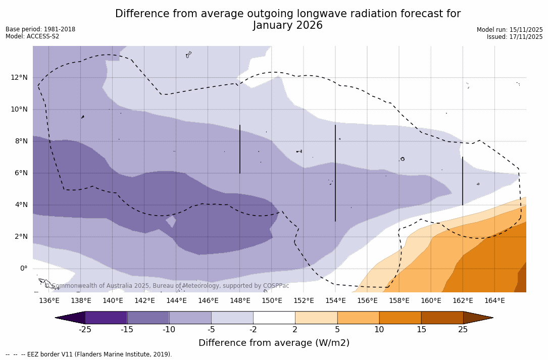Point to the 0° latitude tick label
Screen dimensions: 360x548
pyautogui.click(x=23, y=269)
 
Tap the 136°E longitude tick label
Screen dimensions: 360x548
pyautogui.click(x=49, y=301)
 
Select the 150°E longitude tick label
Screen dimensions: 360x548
pyautogui.click(x=272, y=301)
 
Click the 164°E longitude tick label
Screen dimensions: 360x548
pyautogui.click(x=494, y=301)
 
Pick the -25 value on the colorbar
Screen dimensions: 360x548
pyautogui.click(x=85, y=330)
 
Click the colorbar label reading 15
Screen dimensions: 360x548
pyautogui.click(x=421, y=330)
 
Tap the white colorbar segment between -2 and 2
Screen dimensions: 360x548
pyautogui.click(x=274, y=318)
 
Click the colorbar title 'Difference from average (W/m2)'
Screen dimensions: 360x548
pyautogui.click(x=274, y=343)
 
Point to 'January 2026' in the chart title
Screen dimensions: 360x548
pyautogui.click(x=287, y=26)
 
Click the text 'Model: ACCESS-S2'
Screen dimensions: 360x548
pyautogui.click(x=32, y=36)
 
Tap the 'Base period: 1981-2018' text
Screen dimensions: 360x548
pyautogui.click(x=40, y=29)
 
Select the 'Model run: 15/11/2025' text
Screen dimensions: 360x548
pyautogui.click(x=510, y=30)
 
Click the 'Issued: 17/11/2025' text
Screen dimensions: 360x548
pyautogui.click(x=515, y=37)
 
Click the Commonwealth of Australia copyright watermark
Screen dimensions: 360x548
pyautogui.click(x=167, y=286)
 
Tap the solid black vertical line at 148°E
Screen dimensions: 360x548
pyautogui.click(x=240, y=149)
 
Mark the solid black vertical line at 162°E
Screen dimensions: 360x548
pyautogui.click(x=462, y=181)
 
